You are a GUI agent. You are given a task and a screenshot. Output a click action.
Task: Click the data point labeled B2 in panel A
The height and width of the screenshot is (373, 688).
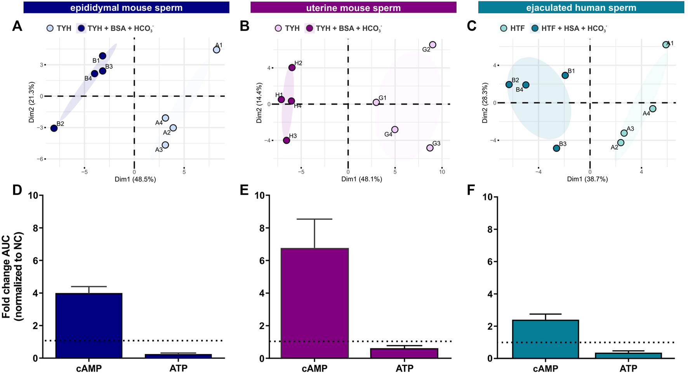point(54,128)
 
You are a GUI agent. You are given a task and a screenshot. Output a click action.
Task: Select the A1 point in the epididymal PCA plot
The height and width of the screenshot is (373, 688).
point(217,50)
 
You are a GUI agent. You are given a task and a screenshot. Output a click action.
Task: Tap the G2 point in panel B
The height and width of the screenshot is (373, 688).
point(433,45)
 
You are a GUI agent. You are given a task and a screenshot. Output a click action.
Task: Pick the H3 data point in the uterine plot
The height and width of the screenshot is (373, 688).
point(287,140)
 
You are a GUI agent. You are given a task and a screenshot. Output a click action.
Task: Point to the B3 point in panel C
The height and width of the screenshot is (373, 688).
point(556,148)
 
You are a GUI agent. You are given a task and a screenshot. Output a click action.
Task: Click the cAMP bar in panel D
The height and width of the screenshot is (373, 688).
point(89,326)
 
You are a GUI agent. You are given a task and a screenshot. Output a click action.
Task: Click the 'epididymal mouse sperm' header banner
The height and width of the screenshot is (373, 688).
point(126,7)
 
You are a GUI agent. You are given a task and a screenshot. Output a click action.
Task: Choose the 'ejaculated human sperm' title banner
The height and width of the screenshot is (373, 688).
point(581,7)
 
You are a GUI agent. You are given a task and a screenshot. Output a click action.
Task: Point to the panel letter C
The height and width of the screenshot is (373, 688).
point(471,26)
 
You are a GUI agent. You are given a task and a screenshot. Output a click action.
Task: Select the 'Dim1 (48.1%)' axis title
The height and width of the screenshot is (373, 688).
point(361,179)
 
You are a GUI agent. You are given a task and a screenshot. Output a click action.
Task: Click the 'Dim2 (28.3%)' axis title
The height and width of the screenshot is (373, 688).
point(485,102)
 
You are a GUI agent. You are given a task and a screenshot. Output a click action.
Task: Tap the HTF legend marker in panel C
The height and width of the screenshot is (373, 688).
point(504,28)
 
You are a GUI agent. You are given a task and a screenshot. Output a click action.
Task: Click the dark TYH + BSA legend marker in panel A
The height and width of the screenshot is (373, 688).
point(81,28)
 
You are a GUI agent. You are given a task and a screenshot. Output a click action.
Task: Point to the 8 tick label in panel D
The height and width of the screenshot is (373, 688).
point(35,228)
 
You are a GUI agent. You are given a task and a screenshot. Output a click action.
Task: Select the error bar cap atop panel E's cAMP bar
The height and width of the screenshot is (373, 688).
point(314,219)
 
